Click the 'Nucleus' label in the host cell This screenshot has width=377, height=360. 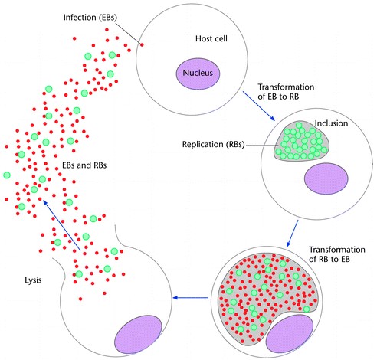[x=198, y=73]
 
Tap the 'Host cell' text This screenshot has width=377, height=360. [x=211, y=38]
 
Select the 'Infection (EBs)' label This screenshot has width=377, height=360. [x=90, y=18]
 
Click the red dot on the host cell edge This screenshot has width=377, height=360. [x=142, y=45]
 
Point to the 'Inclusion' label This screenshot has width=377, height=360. [x=331, y=123]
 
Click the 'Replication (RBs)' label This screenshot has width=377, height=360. [x=214, y=145]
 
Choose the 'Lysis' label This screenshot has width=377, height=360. [x=33, y=280]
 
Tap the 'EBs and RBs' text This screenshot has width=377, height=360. [x=84, y=165]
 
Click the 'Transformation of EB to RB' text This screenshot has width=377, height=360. [x=286, y=92]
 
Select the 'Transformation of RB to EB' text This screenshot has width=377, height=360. [x=336, y=254]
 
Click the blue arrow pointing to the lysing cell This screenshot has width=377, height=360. [x=190, y=298]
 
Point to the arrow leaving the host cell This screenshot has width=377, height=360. [x=259, y=106]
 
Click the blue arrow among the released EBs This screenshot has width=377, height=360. [x=61, y=225]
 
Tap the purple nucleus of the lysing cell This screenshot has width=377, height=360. [x=138, y=334]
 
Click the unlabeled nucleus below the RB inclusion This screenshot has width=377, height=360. [x=326, y=178]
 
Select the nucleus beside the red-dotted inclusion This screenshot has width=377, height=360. [x=290, y=334]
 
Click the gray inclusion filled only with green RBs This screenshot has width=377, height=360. [x=301, y=141]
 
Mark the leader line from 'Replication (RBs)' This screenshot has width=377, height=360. [x=263, y=146]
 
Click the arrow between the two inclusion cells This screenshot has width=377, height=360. [x=292, y=234]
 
